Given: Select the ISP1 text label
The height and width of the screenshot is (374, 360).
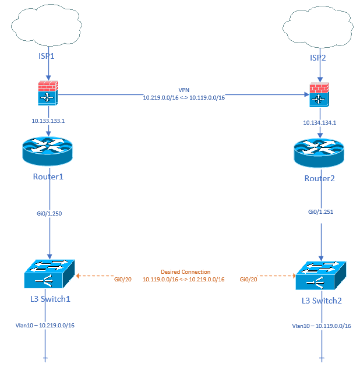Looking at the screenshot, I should click(x=48, y=58).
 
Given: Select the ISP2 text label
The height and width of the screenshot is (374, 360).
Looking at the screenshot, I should click(x=319, y=58).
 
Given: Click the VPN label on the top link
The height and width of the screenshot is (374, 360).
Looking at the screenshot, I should click(x=184, y=91).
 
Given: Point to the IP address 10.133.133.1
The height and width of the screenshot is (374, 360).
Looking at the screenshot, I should click(x=49, y=121).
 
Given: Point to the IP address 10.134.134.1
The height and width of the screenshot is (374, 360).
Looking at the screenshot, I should click(x=319, y=123).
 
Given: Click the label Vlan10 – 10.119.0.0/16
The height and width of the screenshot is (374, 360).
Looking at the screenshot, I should click(x=322, y=326).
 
